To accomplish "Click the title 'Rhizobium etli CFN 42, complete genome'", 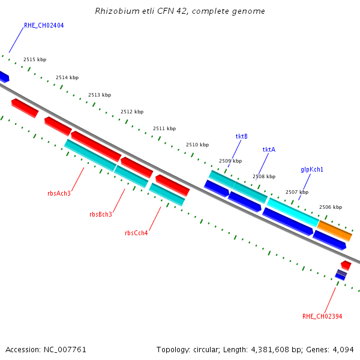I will [180, 11].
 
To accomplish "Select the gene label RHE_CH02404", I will [44, 26].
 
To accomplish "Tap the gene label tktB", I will [241, 136].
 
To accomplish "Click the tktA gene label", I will [269, 149].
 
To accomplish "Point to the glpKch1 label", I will [312, 170].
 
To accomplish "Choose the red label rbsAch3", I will [59, 193].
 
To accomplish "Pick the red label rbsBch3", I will [101, 214].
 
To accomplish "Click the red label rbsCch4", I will [136, 233].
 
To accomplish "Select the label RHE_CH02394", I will [322, 316].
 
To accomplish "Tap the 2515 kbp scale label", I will [35, 59].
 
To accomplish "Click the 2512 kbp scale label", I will [132, 112].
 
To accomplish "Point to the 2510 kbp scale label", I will [197, 145].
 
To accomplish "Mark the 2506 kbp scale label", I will [330, 207].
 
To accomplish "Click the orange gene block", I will [334, 230].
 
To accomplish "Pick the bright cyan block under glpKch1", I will [292, 212].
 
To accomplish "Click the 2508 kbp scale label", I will [263, 176].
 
